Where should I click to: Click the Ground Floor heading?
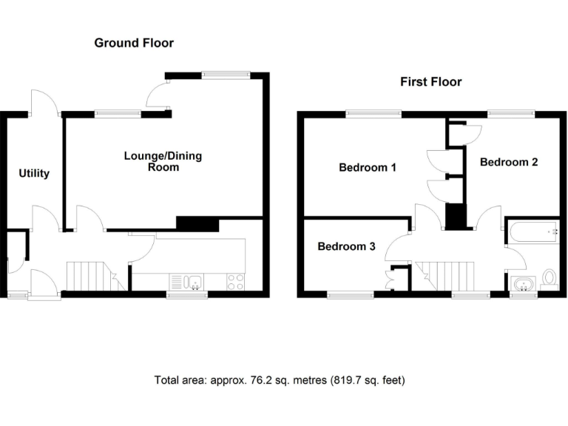pos(134,43)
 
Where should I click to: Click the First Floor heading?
pos(430,81)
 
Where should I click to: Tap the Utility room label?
pos(34,174)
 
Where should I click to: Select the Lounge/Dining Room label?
pos(162,161)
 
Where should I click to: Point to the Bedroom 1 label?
pos(368,168)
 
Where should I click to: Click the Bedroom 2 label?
pos(508,162)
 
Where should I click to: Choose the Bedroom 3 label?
pos(346,246)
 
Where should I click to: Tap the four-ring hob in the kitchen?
pos(235,282)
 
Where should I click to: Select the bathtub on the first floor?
pos(532,232)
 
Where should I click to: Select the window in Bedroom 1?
pos(373,113)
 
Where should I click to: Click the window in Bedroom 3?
pos(351,294)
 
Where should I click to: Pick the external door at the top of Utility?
pos(46,104)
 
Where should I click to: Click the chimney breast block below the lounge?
pos(197,223)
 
